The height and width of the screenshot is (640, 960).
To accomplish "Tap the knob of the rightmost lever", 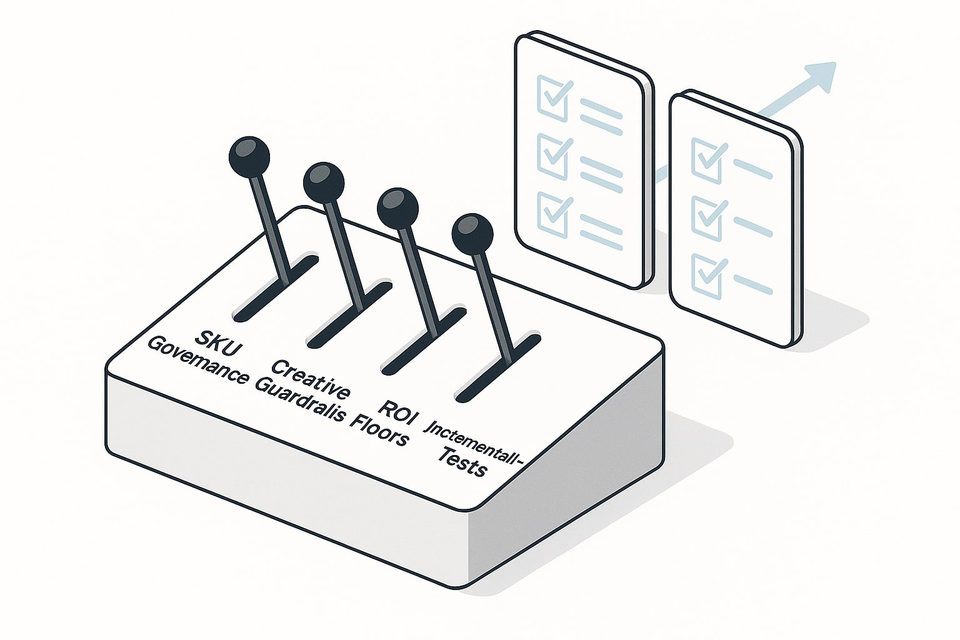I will point(472,234).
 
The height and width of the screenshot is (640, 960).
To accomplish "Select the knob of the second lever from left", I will point(324,182).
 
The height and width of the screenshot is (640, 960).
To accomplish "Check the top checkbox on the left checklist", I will point(553,97).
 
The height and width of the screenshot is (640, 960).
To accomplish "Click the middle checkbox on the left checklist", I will point(553,156).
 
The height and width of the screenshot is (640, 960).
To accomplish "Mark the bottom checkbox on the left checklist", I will point(553,214).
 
